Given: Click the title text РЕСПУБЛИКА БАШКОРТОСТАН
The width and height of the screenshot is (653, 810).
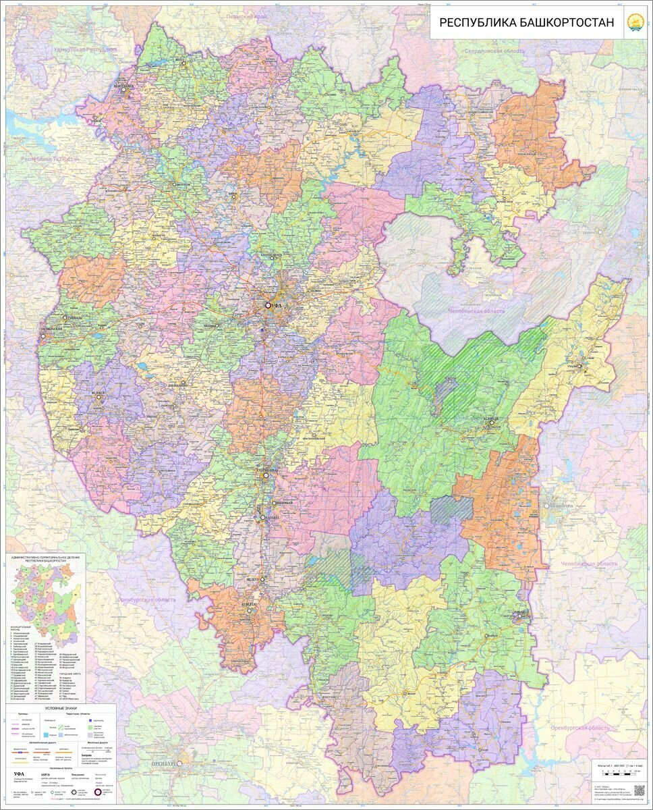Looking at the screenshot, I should click(x=527, y=22).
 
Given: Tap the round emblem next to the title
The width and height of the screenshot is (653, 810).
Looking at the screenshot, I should click(x=635, y=22).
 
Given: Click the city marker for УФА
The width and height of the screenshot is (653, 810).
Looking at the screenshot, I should click(x=268, y=306).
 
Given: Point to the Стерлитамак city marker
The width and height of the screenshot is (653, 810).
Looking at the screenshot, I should click(x=266, y=476).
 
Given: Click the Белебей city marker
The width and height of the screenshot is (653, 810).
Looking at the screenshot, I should click(x=99, y=398).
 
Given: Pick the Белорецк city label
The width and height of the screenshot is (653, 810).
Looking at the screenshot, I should click(x=491, y=419).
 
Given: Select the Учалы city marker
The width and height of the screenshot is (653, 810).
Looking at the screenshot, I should click(x=579, y=367).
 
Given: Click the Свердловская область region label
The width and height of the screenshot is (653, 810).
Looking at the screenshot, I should click(x=492, y=51).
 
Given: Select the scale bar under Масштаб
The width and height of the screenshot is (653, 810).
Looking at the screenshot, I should click(x=620, y=769).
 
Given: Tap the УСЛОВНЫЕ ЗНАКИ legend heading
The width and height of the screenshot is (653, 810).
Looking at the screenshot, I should click(x=61, y=707).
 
